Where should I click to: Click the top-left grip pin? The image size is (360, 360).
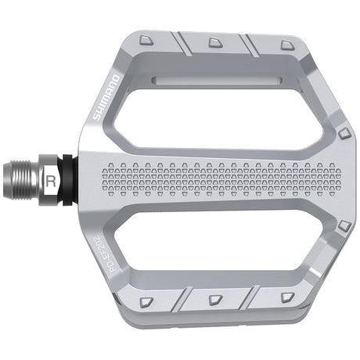(x=146, y=38)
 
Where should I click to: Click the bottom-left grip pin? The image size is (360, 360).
(x=146, y=301)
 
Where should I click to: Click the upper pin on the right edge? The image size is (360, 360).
(x=344, y=135)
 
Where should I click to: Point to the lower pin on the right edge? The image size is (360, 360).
(x=344, y=226)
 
